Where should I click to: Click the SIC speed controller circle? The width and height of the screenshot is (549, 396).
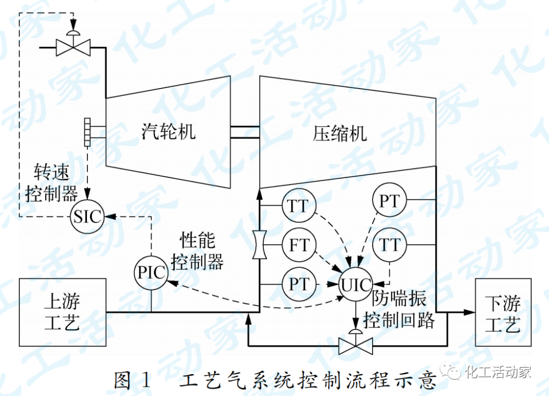pos(86,217)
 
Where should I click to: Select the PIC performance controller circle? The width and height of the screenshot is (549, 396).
pos(151,272)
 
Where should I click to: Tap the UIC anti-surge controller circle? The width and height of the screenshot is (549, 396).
pos(356,285)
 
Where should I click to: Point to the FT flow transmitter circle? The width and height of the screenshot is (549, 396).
pos(299,245)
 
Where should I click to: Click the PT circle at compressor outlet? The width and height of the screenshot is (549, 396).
pos(389,201)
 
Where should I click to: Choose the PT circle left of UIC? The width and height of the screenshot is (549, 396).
pos(299,284)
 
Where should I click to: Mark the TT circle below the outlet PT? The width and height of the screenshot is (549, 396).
pos(389,245)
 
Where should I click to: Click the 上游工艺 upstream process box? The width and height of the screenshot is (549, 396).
pos(63,312)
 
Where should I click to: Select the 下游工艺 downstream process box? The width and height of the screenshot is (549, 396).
pos(503,312)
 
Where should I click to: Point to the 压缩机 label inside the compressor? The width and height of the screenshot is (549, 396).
pos(340,134)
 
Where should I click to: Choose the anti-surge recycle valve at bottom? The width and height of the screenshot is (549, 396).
pos(356,345)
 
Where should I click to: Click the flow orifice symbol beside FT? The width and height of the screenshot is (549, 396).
pos(259,245)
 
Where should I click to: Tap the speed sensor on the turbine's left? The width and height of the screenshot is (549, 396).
pos(87,132)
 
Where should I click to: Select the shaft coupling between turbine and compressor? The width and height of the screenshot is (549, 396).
pos(245,132)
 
